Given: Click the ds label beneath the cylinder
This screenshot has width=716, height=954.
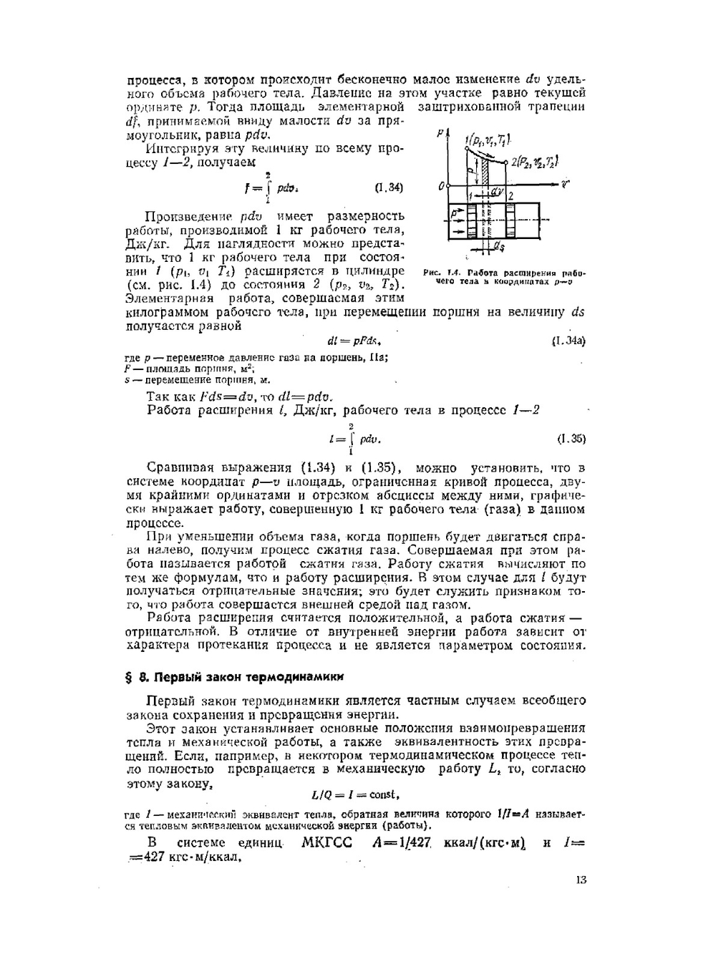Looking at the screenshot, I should tap(497, 246).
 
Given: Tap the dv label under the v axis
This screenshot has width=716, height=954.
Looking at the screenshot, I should tap(497, 192).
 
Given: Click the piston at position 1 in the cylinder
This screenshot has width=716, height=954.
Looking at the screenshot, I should tap(471, 222).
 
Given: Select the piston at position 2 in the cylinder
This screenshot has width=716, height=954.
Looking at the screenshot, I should tap(510, 222).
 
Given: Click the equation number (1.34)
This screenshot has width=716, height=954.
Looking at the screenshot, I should tap(389, 188).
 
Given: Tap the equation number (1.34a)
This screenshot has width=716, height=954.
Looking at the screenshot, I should tap(569, 341).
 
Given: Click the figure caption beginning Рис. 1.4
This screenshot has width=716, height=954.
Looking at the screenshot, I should tap(505, 277).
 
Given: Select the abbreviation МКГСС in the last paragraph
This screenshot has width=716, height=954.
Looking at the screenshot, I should tap(327, 842).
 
